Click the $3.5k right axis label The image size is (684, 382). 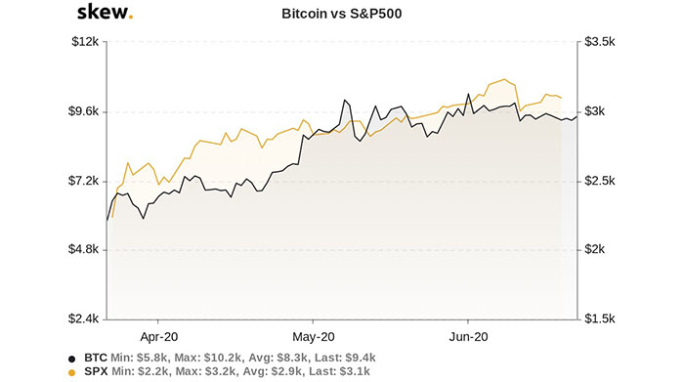coord(599,42)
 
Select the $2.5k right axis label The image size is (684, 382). coord(599,181)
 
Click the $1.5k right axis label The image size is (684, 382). coord(599,319)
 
